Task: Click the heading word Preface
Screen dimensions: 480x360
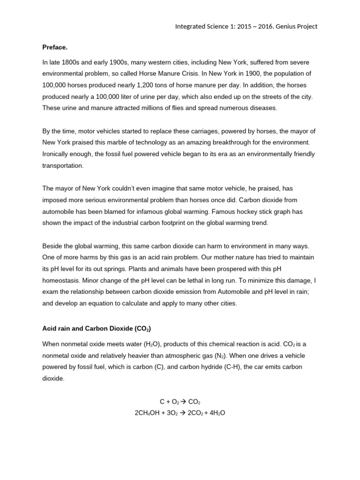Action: tap(54, 47)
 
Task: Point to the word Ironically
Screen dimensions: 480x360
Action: tap(58, 154)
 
